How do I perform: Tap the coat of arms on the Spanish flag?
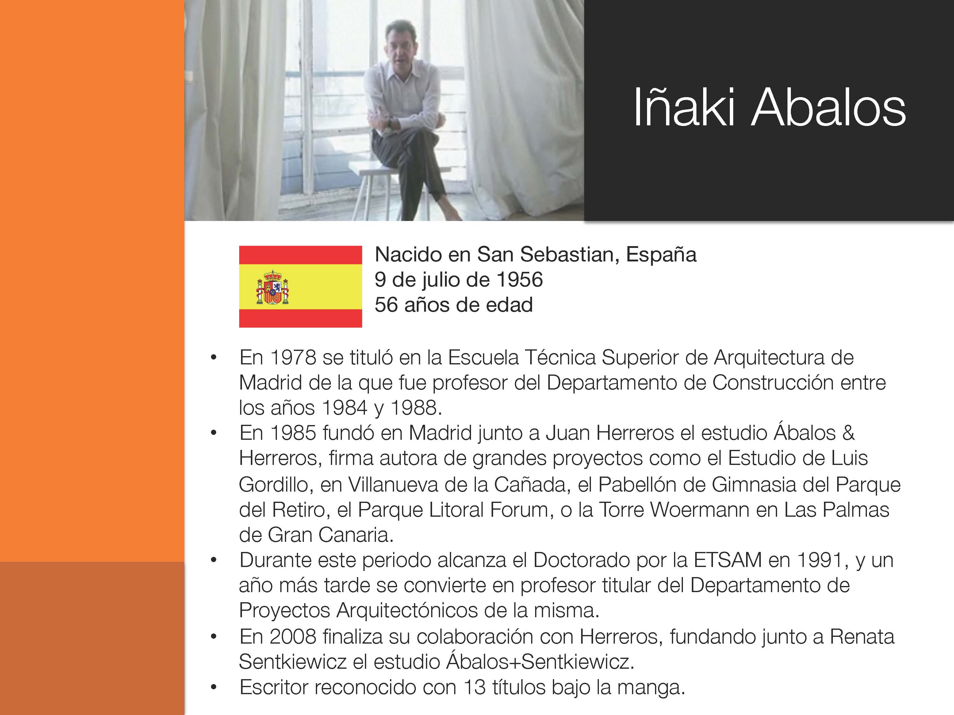273,287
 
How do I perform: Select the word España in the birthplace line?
661,254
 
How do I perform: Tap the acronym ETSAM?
728,560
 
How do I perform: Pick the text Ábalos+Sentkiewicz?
540,661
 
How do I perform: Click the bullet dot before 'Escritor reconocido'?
213,687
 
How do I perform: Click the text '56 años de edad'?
454,305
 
